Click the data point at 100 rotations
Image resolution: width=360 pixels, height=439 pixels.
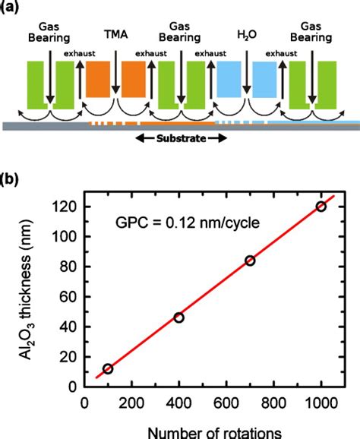coord(108,368)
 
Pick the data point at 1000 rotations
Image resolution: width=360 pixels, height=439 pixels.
coord(321,207)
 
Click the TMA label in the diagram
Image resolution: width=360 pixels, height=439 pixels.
coord(115,34)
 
